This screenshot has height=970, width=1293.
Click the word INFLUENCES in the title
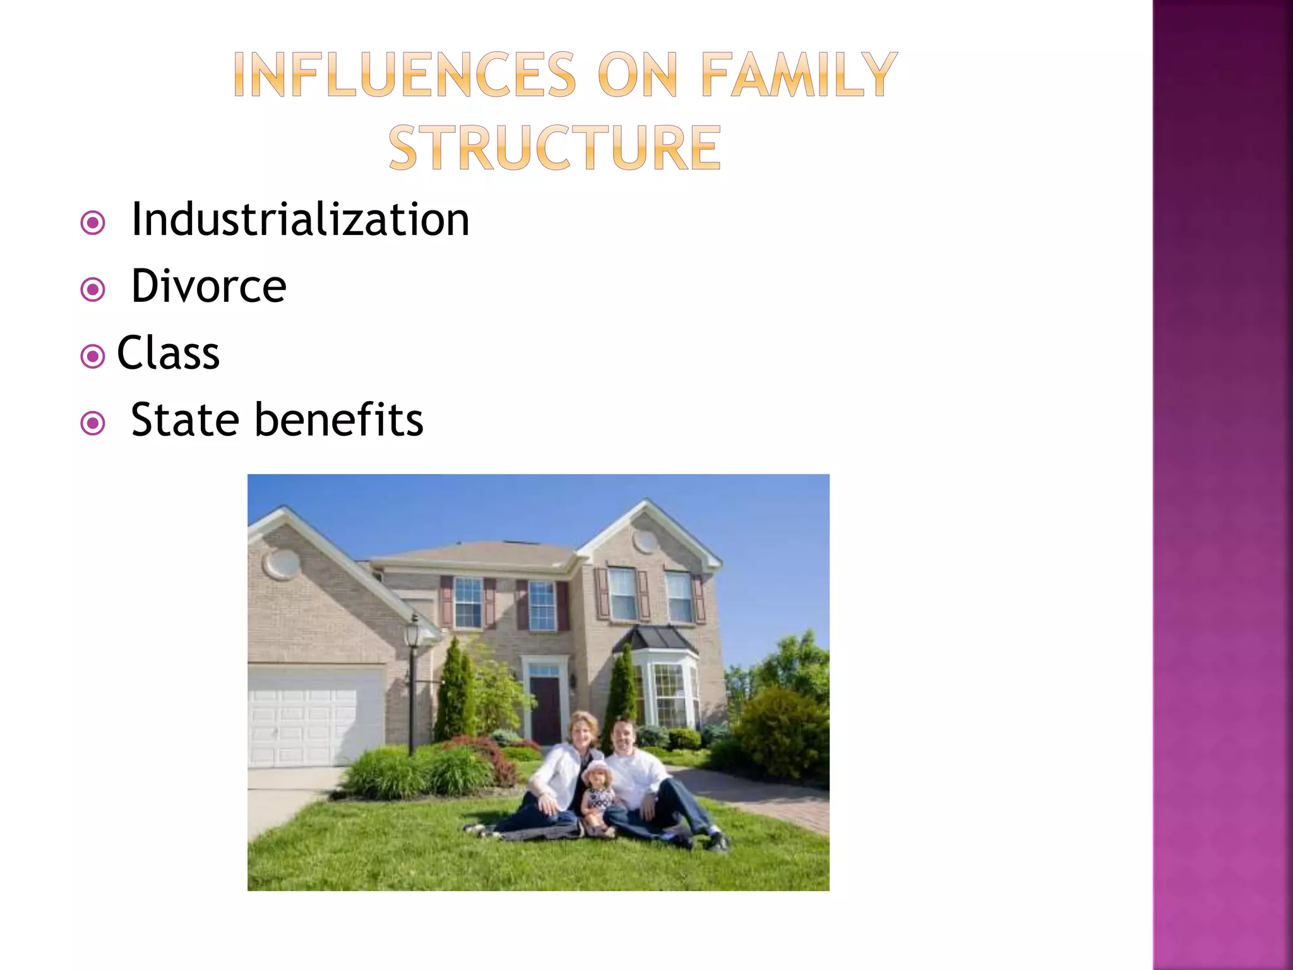[404, 75]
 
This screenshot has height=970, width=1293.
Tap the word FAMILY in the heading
[799, 75]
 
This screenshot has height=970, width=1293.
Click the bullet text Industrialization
[300, 219]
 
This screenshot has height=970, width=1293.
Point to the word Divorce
[208, 286]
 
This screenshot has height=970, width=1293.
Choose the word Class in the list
[168, 352]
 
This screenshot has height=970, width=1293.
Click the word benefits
[339, 419]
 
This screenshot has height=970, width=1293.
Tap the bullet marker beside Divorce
[93, 290]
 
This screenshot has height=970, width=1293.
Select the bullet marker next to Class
[93, 356]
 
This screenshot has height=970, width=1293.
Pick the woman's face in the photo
[583, 733]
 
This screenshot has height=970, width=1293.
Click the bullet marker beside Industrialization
[93, 223]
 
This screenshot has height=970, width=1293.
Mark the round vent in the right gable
[645, 541]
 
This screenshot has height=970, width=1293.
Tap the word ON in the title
[638, 75]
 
